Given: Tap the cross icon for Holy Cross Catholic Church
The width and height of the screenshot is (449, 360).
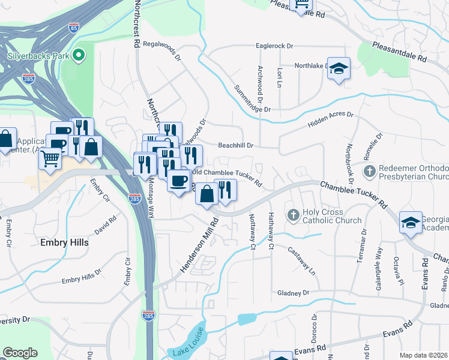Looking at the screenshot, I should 293,215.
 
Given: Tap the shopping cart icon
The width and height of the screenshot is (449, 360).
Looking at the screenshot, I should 50,159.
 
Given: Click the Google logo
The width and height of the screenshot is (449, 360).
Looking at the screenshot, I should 20,353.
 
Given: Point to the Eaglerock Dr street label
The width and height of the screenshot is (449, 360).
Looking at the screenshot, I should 274,46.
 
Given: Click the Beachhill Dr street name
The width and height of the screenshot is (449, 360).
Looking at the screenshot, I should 236,145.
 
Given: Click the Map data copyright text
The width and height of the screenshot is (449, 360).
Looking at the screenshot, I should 424,355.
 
